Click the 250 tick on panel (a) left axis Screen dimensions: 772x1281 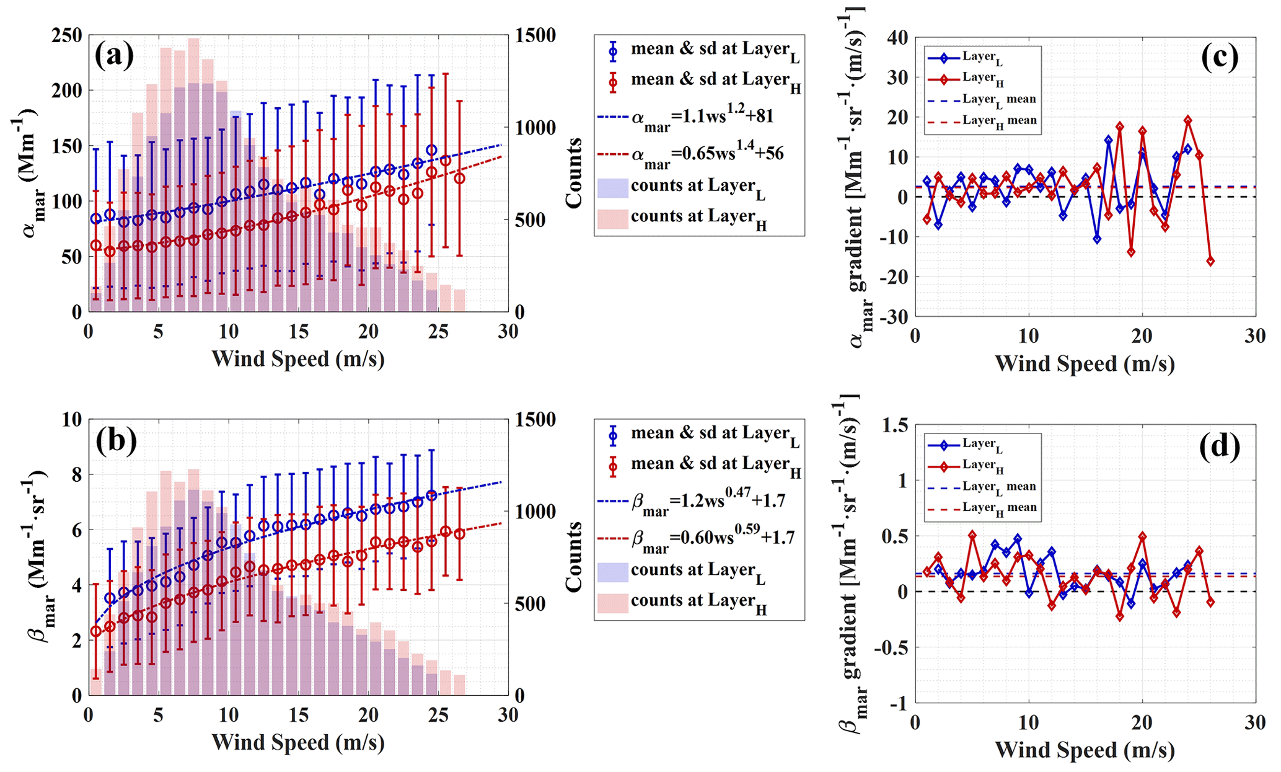[66, 36]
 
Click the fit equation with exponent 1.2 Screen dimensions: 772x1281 [702, 117]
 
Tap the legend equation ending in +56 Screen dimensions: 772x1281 [707, 154]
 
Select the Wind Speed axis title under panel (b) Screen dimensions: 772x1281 [298, 742]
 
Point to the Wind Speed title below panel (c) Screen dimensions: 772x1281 [1085, 363]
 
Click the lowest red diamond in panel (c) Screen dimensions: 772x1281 [1210, 261]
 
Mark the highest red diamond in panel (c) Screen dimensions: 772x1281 [1187, 120]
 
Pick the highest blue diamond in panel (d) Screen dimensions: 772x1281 [1018, 539]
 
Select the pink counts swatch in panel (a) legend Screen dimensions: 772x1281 [612, 219]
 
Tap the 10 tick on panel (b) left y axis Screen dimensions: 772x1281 [72, 420]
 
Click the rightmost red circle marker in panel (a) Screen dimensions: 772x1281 [459, 179]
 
